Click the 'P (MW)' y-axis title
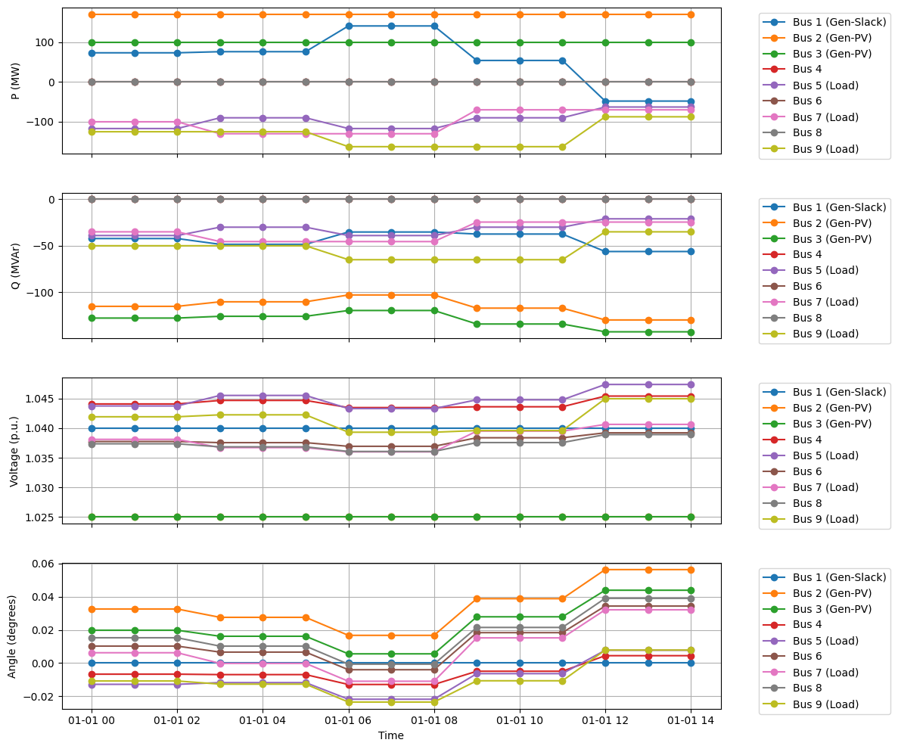point(15,81)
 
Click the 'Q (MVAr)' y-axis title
point(15,265)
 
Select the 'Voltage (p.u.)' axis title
point(15,450)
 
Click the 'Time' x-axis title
point(391,735)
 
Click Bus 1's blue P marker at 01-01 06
point(349,26)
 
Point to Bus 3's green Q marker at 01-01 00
point(92,318)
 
